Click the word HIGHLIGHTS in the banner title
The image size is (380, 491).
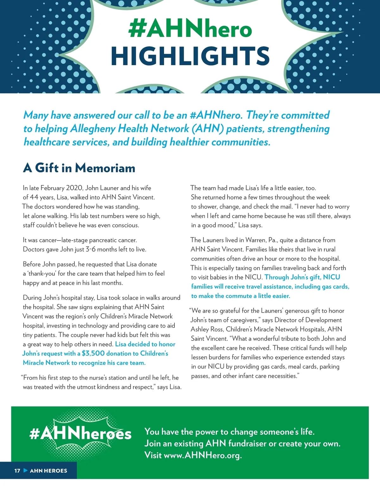190,56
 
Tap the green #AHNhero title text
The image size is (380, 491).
190,29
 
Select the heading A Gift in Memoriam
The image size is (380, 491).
79,168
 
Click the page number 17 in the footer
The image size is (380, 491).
17,471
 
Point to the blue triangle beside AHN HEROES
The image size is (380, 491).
26,470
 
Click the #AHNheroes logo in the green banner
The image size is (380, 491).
80,434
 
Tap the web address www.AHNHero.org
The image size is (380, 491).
202,455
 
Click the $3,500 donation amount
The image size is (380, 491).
93,353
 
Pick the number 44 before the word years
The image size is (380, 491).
34,198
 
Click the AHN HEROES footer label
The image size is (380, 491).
48,471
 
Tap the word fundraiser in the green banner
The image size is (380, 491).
247,444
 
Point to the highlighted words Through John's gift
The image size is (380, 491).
293,277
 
